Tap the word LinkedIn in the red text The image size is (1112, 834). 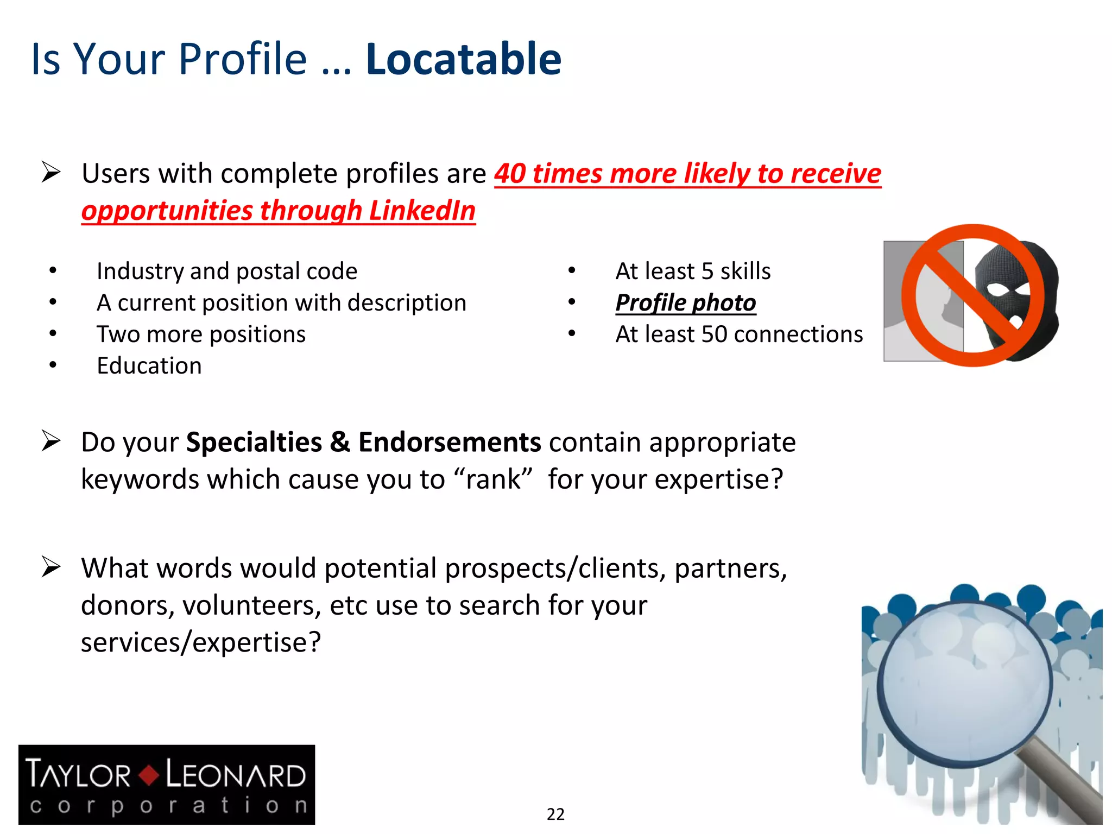pyautogui.click(x=422, y=211)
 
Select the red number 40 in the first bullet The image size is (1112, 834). pyautogui.click(x=510, y=174)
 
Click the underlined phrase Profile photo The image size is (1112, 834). pyautogui.click(x=685, y=302)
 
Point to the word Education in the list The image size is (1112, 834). pyautogui.click(x=149, y=365)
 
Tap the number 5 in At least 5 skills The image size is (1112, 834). pyautogui.click(x=707, y=271)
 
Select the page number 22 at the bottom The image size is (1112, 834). pyautogui.click(x=555, y=814)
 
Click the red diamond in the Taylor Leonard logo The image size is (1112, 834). pyautogui.click(x=148, y=774)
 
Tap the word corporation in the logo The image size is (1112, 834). pyautogui.click(x=168, y=805)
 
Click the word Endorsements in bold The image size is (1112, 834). pyautogui.click(x=449, y=442)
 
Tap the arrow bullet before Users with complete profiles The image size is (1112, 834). pyautogui.click(x=51, y=173)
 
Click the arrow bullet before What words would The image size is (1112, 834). pyautogui.click(x=51, y=567)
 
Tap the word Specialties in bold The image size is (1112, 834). pyautogui.click(x=254, y=442)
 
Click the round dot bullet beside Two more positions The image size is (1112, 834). pyautogui.click(x=53, y=334)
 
